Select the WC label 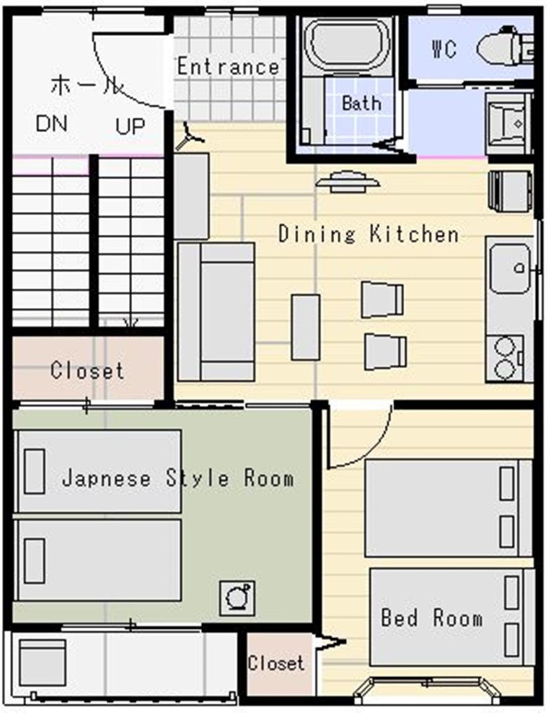click(444, 49)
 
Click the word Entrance click(228, 66)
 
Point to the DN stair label click(51, 123)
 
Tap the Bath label click(361, 103)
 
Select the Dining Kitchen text click(369, 234)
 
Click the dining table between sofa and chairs click(306, 327)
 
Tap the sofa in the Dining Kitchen click(216, 312)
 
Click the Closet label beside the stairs click(87, 371)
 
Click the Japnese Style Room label click(178, 478)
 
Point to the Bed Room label click(432, 618)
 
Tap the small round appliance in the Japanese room click(237, 598)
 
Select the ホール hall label click(87, 85)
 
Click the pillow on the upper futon click(35, 471)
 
